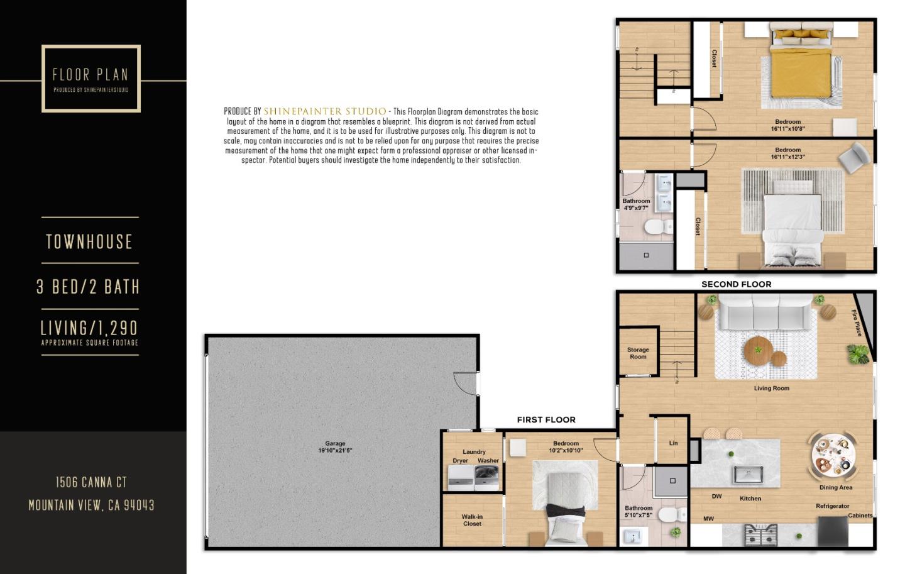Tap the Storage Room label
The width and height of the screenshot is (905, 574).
click(638, 353)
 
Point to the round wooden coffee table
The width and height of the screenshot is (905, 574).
click(760, 350)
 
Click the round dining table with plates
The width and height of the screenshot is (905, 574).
click(833, 453)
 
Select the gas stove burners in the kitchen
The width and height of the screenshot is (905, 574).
click(760, 535)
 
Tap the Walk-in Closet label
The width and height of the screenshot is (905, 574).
click(472, 520)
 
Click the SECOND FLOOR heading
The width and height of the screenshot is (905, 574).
click(736, 284)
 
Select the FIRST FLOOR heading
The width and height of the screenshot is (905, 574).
click(546, 419)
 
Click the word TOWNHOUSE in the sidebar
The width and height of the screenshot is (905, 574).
click(89, 241)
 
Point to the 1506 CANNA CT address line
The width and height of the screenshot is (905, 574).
click(91, 482)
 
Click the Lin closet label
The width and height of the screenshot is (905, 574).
click(673, 443)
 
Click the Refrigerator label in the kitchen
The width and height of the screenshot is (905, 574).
click(832, 506)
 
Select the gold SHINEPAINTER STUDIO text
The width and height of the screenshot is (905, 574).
click(325, 111)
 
